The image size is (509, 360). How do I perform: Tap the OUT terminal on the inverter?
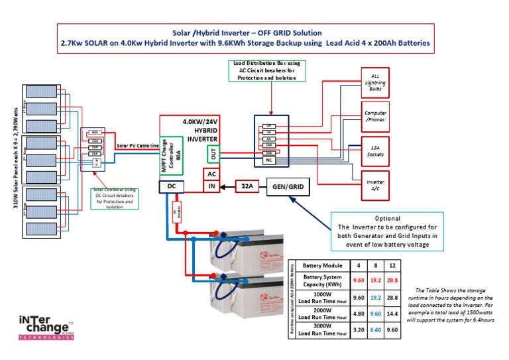tap(213, 154)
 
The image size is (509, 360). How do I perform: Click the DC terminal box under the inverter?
tap(172, 188)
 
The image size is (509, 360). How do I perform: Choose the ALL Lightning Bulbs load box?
tap(375, 83)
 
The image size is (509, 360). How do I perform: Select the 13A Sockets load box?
tap(375, 151)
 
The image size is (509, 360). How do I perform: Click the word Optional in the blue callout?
tap(388, 218)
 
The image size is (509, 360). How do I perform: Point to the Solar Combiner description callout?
tap(113, 197)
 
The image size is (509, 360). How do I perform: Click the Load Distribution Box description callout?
tap(266, 70)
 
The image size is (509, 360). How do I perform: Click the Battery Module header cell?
tap(321, 265)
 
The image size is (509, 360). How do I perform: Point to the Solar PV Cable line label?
tap(137, 145)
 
